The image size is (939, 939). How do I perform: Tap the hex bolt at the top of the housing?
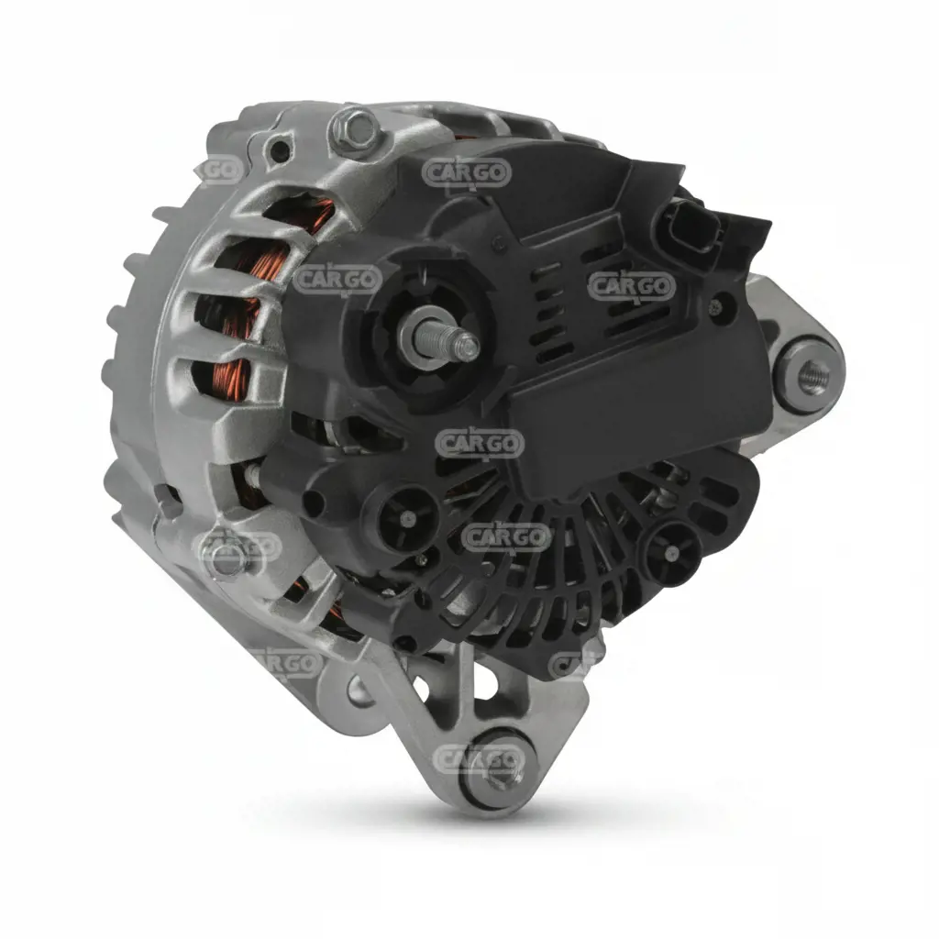[355, 129]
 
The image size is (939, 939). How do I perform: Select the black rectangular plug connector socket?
[690, 226]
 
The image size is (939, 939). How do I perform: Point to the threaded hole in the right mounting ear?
[813, 374]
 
